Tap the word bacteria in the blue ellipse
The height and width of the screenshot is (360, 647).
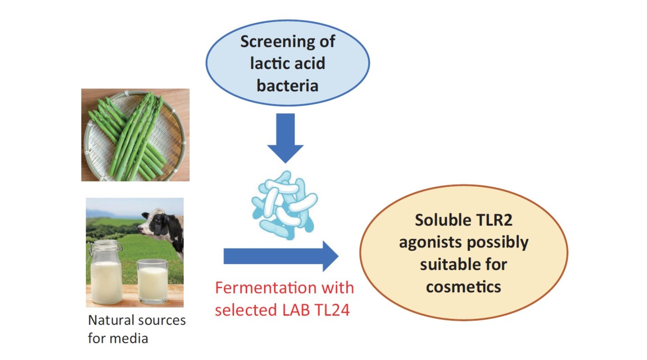click(287, 86)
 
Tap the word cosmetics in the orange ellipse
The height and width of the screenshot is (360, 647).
click(463, 287)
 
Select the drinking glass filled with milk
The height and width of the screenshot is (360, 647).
click(152, 280)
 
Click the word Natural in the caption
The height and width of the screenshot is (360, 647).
click(111, 320)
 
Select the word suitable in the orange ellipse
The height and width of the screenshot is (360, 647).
click(446, 264)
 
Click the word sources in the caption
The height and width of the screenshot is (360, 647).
click(162, 320)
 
